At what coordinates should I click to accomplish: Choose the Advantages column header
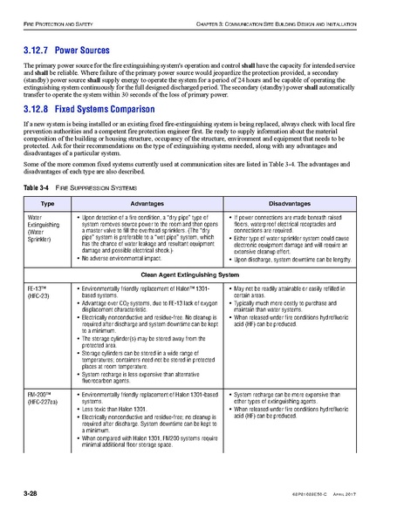[147, 226]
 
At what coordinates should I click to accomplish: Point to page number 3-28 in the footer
[36, 495]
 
